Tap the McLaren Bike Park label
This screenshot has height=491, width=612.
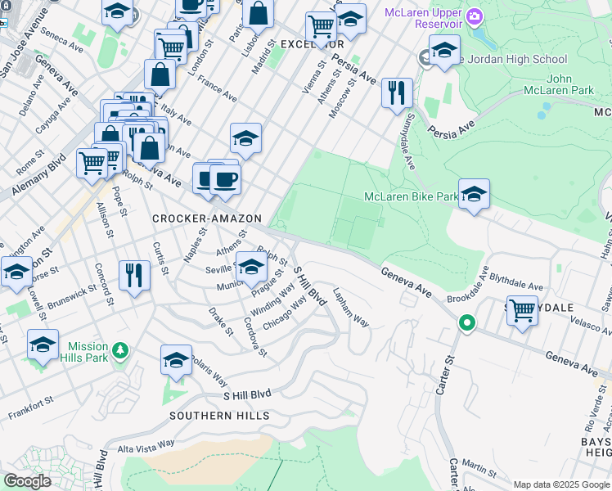[x=411, y=197]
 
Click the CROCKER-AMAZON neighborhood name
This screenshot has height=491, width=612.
[x=207, y=219]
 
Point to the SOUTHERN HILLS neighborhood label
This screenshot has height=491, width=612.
[x=219, y=416]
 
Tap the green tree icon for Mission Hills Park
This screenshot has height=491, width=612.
[x=120, y=351]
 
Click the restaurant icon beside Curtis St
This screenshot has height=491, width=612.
[x=134, y=274]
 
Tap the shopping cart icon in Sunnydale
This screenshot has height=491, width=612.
[x=522, y=310]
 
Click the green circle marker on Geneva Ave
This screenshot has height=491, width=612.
[x=467, y=323]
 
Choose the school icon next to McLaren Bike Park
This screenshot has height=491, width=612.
[x=474, y=193]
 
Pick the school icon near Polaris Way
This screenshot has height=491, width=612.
[x=176, y=360]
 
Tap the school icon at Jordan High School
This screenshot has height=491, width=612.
[x=444, y=51]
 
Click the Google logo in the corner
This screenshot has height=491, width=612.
[x=28, y=480]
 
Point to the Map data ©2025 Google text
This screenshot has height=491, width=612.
[x=560, y=484]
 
